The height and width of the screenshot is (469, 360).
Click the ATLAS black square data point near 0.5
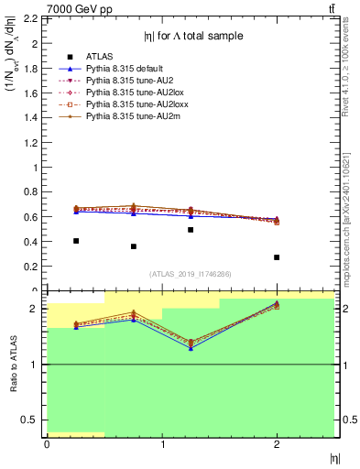tap(191, 229)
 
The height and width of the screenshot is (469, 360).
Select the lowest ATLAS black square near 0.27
tap(277, 257)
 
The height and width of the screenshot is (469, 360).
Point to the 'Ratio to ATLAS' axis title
tap(13, 365)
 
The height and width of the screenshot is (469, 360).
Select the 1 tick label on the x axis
tap(162, 445)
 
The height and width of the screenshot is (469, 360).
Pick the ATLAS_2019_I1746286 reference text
tap(191, 274)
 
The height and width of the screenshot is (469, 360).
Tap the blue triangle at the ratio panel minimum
tap(191, 349)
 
